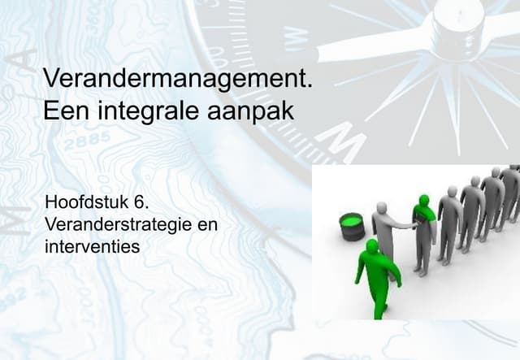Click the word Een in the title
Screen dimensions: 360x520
click(x=63, y=111)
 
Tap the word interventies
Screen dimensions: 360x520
click(x=93, y=244)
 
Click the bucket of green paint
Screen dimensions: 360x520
click(x=352, y=226)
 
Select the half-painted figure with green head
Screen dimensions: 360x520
click(x=424, y=232)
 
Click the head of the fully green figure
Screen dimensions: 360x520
click(x=372, y=245)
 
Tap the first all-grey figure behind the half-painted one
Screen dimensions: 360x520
click(x=449, y=223)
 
